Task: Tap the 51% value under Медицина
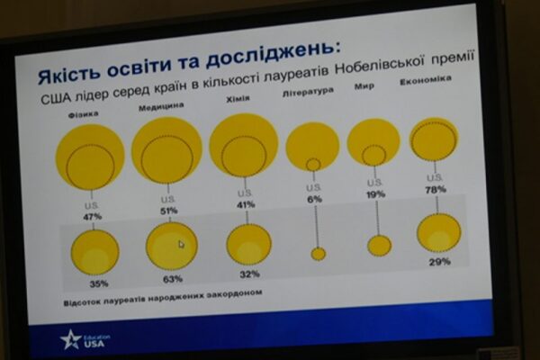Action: tap(168, 211)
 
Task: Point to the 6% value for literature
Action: tap(314, 199)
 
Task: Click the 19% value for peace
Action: tap(375, 193)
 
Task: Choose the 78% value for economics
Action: tap(436, 189)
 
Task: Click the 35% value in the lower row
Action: tap(98, 283)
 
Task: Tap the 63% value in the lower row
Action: tap(174, 278)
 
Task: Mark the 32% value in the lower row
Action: tap(249, 274)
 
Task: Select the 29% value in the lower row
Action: tap(440, 261)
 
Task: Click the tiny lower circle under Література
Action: tap(318, 254)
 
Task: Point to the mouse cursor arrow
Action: tap(181, 243)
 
